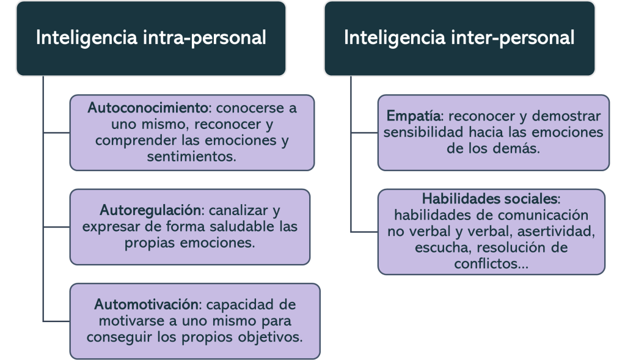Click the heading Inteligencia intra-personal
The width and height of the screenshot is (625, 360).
(x=151, y=38)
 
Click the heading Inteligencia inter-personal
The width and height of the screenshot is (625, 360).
(x=459, y=38)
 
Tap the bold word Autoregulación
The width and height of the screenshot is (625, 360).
(x=150, y=211)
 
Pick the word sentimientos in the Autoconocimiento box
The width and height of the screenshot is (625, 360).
(x=191, y=156)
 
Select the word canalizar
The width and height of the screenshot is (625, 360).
(x=235, y=211)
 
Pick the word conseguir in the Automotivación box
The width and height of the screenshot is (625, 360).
(x=115, y=336)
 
